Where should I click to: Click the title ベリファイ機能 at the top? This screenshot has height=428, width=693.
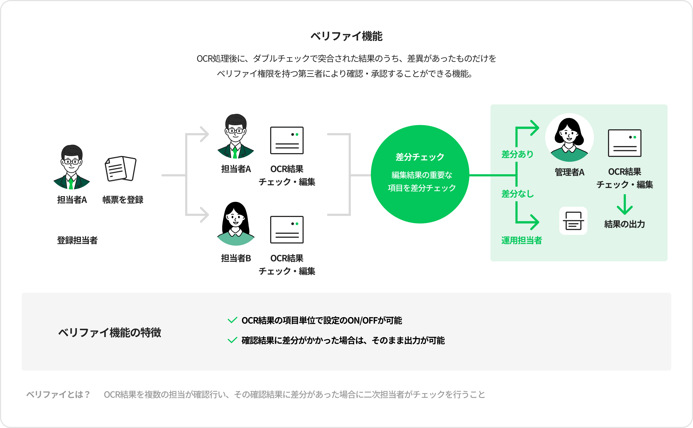pyautogui.click(x=346, y=36)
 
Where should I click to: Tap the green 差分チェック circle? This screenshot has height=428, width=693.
pyautogui.click(x=420, y=174)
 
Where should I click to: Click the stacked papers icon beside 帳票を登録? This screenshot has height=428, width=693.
pyautogui.click(x=121, y=169)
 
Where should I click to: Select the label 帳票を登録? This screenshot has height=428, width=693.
pyautogui.click(x=123, y=200)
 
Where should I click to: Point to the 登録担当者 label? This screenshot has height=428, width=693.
pyautogui.click(x=77, y=240)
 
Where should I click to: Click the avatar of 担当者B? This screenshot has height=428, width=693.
pyautogui.click(x=236, y=224)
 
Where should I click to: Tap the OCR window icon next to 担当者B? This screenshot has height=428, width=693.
pyautogui.click(x=287, y=230)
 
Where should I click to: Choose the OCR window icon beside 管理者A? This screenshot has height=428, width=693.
pyautogui.click(x=625, y=143)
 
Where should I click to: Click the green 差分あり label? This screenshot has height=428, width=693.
pyautogui.click(x=517, y=154)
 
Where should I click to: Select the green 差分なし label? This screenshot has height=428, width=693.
pyautogui.click(x=517, y=194)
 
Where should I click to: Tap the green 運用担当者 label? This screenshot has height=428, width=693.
pyautogui.click(x=521, y=240)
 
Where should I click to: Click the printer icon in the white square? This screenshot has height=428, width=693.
pyautogui.click(x=573, y=221)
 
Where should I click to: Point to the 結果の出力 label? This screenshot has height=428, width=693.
pyautogui.click(x=625, y=224)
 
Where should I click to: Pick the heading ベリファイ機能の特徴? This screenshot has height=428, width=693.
pyautogui.click(x=110, y=332)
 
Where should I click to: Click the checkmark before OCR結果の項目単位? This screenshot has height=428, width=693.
pyautogui.click(x=232, y=320)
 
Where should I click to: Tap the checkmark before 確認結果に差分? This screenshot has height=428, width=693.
pyautogui.click(x=232, y=340)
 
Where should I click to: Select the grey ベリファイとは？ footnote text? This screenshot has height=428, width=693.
pyautogui.click(x=58, y=394)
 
